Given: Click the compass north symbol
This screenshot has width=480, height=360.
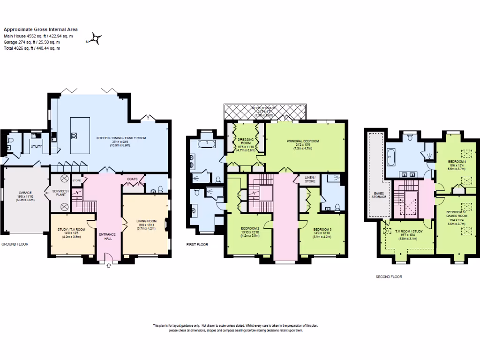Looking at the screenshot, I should (97, 38).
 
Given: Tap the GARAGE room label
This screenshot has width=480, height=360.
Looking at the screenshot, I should (25, 193).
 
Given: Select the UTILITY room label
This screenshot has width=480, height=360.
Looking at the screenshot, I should (36, 147).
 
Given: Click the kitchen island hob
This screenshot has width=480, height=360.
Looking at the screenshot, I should (74, 136).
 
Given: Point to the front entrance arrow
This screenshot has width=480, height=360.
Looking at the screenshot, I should (109, 265).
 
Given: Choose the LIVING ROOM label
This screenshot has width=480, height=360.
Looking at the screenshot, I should (145, 221).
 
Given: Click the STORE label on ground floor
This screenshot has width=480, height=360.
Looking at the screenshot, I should (77, 180).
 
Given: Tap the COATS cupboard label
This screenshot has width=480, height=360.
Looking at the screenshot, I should (132, 179).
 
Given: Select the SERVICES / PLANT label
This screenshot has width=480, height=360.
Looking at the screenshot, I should (61, 193).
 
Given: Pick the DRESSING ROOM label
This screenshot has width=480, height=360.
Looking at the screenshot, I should (244, 141).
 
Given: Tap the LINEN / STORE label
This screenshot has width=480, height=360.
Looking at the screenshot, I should (310, 179).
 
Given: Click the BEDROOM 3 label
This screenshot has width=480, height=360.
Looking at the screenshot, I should (322, 229).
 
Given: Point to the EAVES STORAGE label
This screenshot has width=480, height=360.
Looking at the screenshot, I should (379, 195).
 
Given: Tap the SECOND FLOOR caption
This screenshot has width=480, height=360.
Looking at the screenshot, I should (389, 277).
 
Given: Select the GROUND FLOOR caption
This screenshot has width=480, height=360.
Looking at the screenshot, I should (15, 244).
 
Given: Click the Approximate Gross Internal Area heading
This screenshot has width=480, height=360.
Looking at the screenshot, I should (41, 30).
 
